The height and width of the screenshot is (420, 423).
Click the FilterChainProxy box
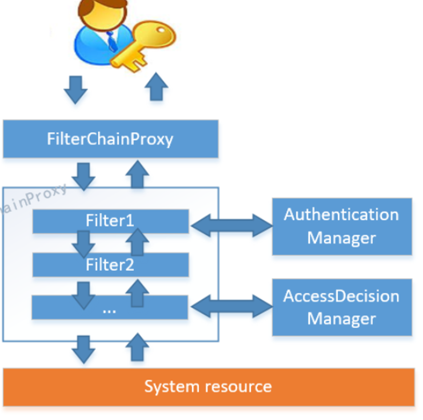click(x=110, y=139)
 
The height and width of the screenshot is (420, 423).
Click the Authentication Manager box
click(x=341, y=226)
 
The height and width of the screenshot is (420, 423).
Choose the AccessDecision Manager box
click(x=341, y=307)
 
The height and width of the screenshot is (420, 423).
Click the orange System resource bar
click(x=209, y=387)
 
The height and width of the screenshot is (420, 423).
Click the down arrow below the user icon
click(x=75, y=89)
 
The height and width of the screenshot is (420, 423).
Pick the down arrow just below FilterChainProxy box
click(x=84, y=175)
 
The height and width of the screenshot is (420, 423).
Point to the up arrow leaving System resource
click(x=137, y=347)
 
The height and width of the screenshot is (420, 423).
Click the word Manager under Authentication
click(x=341, y=237)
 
